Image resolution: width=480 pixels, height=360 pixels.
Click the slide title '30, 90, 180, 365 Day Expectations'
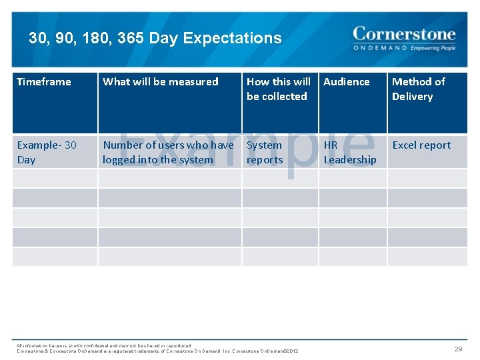point(155,39)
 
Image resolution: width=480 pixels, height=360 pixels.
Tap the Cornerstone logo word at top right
point(404,34)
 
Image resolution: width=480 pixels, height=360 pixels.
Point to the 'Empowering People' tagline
point(433,49)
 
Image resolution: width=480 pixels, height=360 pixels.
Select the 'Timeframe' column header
point(44,82)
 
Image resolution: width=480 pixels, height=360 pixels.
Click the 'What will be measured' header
point(161,82)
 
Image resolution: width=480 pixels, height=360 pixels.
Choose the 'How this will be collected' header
point(278,89)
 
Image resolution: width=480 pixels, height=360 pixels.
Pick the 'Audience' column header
point(347,82)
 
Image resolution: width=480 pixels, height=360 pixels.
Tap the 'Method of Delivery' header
point(418,89)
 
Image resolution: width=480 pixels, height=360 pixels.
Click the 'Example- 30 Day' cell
point(47,152)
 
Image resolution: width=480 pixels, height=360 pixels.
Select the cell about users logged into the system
point(168,152)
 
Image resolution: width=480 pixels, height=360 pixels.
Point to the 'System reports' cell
point(265,152)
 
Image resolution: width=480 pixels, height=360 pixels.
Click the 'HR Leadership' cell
point(350,152)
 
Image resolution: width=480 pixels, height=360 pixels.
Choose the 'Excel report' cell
point(421,145)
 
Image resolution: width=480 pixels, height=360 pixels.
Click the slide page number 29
point(458,349)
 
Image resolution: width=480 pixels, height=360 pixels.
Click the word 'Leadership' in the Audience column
point(350,160)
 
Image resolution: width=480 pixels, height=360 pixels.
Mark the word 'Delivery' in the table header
point(413,97)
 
